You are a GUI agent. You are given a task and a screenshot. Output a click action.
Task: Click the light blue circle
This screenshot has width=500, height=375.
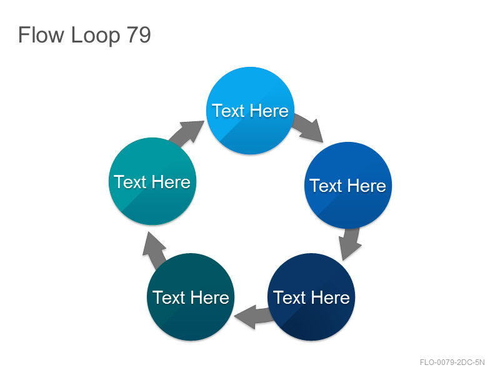coord(251,111)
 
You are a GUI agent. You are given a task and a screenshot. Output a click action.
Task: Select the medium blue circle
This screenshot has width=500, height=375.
coord(348,185)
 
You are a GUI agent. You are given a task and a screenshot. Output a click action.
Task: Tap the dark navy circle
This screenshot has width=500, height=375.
coord(311,297)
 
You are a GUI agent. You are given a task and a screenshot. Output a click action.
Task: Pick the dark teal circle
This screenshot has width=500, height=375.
coord(191,297)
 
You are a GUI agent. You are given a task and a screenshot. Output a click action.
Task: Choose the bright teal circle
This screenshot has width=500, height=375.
coord(152,181)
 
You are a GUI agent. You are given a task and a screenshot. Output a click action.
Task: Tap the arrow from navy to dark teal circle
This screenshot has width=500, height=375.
coord(254,317)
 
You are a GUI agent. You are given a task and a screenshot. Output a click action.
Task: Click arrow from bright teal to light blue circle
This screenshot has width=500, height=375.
coord(187,133)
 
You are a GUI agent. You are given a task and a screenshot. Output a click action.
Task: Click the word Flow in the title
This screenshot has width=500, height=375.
coord(41,35)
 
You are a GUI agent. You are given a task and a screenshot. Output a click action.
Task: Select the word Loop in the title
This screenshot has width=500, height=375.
coord(96,36)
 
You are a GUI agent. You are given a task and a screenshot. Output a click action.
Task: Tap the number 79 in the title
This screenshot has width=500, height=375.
coord(139,35)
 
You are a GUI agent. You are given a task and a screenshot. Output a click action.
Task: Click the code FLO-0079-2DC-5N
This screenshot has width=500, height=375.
coord(452,362)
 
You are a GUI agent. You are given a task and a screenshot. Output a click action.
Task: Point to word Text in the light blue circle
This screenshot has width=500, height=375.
coord(228,111)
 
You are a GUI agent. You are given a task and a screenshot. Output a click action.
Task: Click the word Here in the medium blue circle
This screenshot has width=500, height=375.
coord(367,186)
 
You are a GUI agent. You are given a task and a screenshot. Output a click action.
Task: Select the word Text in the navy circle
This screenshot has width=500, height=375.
coord(289,297)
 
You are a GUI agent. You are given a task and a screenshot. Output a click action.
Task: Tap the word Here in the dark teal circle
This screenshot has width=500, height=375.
coord(209,297)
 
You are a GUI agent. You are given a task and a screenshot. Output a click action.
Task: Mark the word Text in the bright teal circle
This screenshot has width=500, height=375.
coord(130,182)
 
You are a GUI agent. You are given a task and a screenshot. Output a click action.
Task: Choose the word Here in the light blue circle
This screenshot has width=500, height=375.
coord(269,111)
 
